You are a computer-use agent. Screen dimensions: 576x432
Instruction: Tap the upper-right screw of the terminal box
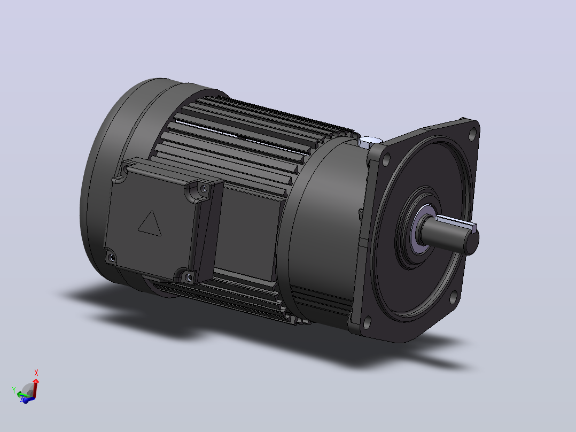(204, 189)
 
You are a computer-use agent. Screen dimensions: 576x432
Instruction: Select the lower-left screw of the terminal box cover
(111, 258)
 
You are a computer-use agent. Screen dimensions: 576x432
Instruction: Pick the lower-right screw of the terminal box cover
(189, 277)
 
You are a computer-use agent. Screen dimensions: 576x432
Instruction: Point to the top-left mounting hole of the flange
(386, 159)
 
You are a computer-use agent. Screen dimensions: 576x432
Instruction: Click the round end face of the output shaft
(472, 241)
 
